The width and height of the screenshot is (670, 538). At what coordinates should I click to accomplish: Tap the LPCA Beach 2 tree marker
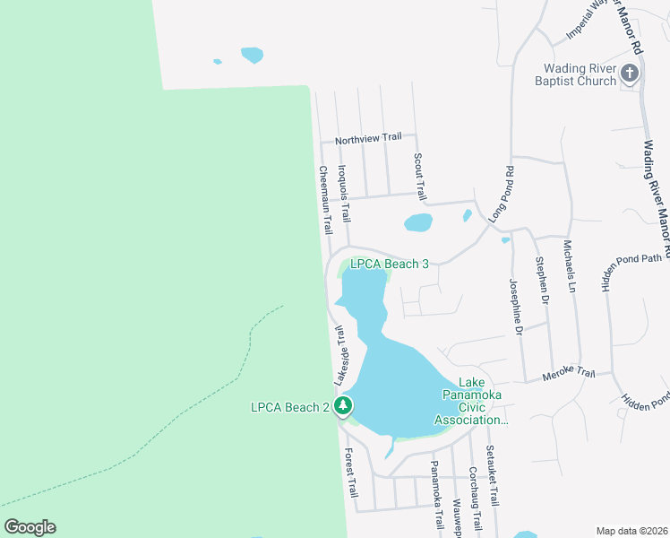click(342, 407)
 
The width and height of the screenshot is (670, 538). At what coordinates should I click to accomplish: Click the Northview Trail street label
click(368, 139)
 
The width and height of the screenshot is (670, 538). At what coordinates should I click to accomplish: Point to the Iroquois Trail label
click(343, 193)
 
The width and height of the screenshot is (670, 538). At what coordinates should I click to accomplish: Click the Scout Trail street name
click(418, 176)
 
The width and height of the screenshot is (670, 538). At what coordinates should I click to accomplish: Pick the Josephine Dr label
click(515, 308)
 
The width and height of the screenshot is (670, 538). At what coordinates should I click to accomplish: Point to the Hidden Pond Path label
click(631, 260)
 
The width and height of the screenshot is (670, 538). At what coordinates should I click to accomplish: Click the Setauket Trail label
click(491, 476)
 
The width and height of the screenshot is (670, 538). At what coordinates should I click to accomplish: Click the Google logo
click(30, 526)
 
